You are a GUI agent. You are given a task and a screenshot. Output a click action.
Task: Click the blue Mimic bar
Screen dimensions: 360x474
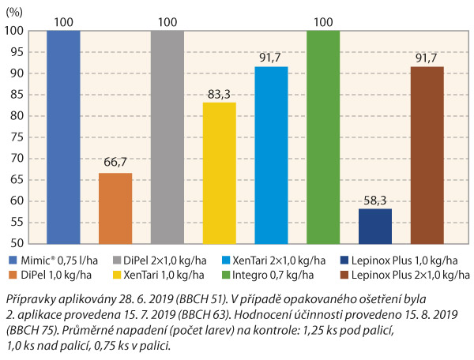[63, 138]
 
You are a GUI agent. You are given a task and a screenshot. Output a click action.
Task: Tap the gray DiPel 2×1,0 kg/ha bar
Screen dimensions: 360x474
[167, 138]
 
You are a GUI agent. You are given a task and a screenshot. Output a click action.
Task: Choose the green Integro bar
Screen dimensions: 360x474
[323, 138]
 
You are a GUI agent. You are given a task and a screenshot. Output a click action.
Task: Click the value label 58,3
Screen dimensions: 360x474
[375, 201]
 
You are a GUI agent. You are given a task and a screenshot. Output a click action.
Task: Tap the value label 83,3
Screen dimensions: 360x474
[219, 95]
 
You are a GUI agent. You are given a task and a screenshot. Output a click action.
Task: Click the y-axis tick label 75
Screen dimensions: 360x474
[15, 137]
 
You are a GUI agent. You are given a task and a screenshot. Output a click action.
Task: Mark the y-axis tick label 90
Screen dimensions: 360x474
[15, 73]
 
